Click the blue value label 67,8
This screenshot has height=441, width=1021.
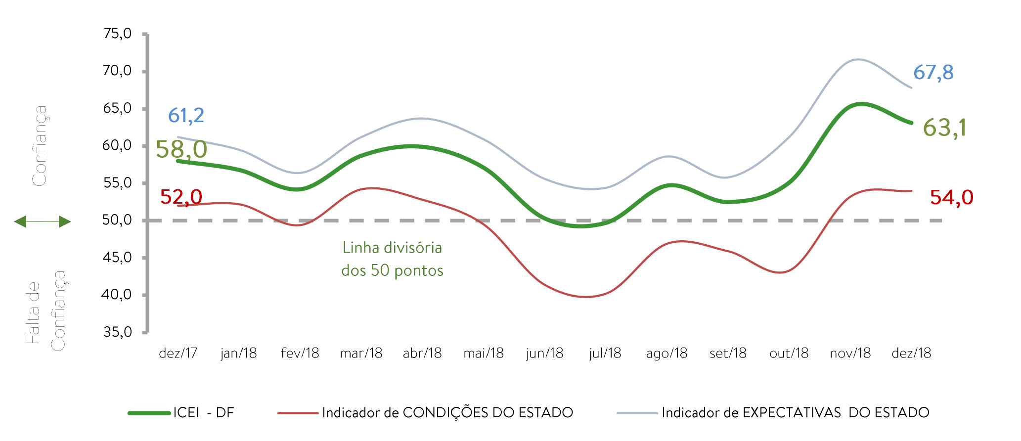pyautogui.click(x=933, y=73)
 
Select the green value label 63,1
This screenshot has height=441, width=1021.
pyautogui.click(x=944, y=128)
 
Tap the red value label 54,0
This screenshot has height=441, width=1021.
pyautogui.click(x=951, y=198)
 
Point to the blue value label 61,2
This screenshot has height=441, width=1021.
pyautogui.click(x=186, y=116)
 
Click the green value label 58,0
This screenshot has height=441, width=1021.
pyautogui.click(x=181, y=149)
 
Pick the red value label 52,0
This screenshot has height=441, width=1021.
pyautogui.click(x=181, y=197)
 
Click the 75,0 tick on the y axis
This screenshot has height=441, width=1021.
pyautogui.click(x=117, y=34)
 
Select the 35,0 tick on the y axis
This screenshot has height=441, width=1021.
pyautogui.click(x=117, y=332)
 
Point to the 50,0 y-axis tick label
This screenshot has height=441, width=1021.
pyautogui.click(x=117, y=220)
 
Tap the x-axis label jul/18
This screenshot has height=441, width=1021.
pyautogui.click(x=605, y=353)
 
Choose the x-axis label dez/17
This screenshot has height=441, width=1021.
pyautogui.click(x=178, y=353)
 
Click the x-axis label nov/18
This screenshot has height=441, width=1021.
pyautogui.click(x=850, y=353)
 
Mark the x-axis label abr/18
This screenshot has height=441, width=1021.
pyautogui.click(x=422, y=353)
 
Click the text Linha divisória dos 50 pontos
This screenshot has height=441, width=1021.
pyautogui.click(x=392, y=259)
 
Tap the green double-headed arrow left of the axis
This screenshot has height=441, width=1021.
pyautogui.click(x=43, y=221)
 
